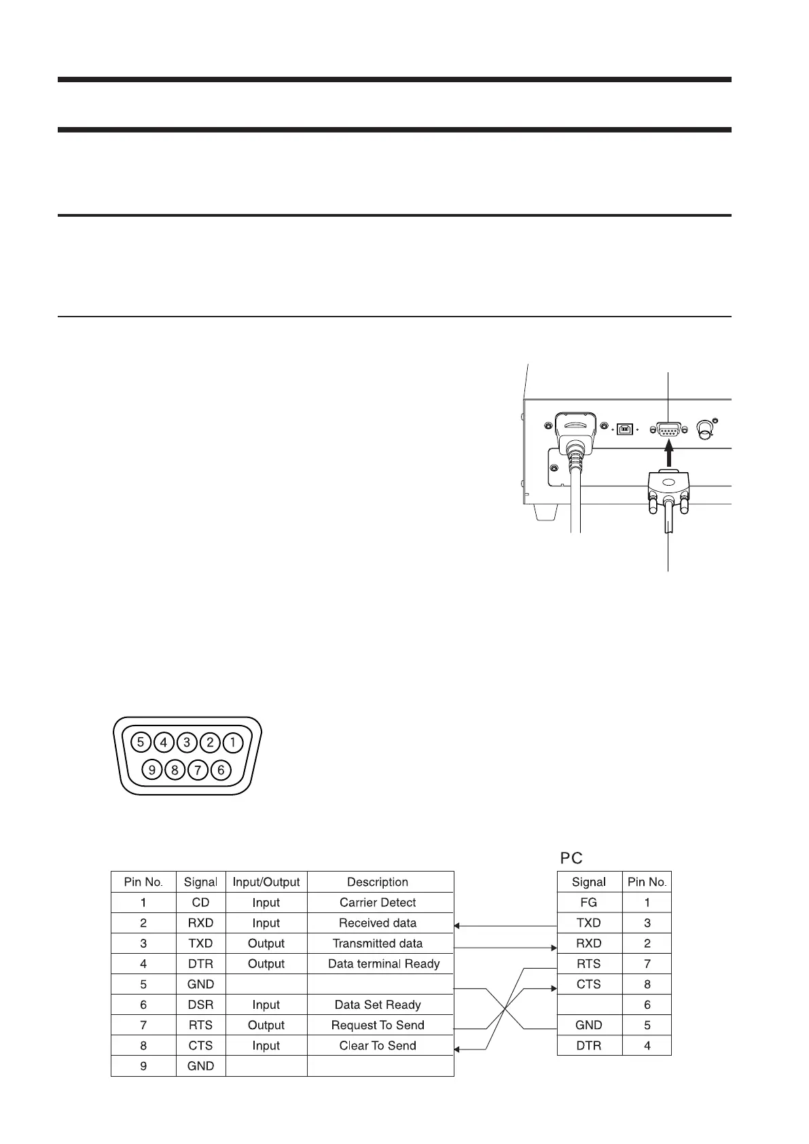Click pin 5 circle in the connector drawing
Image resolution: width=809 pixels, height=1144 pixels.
(141, 742)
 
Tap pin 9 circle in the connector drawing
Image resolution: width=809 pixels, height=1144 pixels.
(152, 770)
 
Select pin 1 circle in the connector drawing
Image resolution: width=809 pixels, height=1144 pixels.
(233, 742)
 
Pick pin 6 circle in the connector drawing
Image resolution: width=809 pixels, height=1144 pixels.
(221, 770)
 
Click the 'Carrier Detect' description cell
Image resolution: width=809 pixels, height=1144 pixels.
(378, 902)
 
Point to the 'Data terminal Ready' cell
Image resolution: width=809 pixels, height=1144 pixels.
(384, 963)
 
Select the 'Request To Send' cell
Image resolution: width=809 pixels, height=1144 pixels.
(378, 1024)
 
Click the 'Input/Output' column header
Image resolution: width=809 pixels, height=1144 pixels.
(266, 882)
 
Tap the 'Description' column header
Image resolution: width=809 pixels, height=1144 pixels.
(378, 882)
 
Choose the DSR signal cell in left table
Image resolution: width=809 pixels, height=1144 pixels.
(200, 1004)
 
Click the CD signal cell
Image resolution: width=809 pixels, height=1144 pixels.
(200, 902)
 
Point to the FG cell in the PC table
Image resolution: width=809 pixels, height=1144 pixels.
(589, 902)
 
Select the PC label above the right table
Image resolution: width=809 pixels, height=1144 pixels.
(571, 858)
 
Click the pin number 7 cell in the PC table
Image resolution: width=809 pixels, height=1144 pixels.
(647, 963)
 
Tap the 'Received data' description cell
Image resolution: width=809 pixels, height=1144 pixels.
(378, 923)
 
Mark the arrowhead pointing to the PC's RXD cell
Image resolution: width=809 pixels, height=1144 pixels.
(553, 947)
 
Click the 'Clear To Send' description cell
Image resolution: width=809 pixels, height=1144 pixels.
(378, 1045)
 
